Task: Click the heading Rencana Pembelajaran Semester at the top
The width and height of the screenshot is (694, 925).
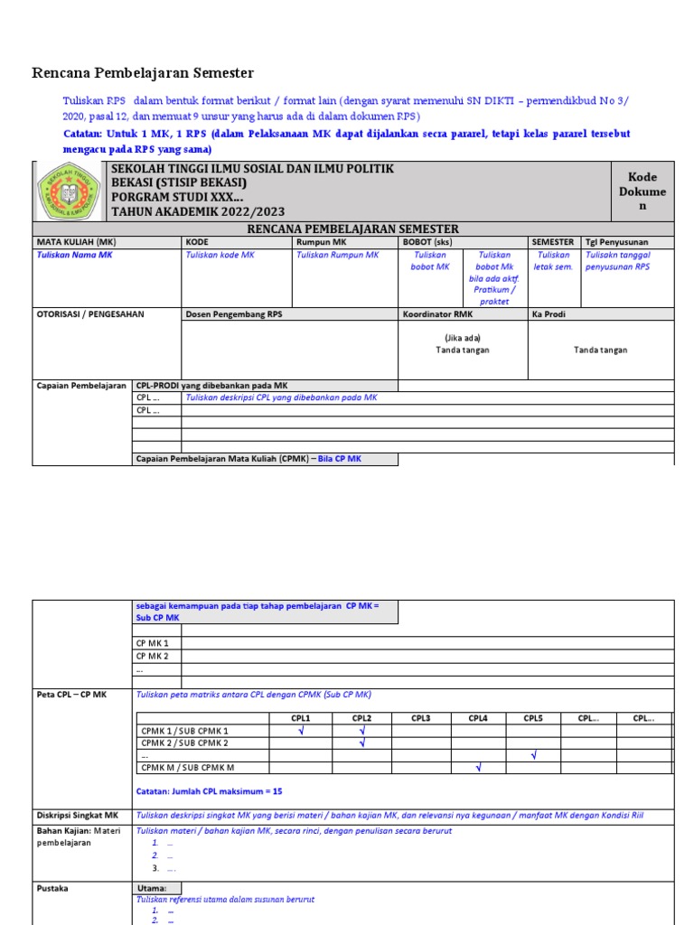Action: click(143, 73)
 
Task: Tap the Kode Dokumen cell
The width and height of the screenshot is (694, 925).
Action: click(643, 192)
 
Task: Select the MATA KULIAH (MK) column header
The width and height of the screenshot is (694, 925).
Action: click(76, 242)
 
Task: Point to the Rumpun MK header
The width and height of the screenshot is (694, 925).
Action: click(321, 242)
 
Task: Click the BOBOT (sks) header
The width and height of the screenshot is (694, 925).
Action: click(427, 242)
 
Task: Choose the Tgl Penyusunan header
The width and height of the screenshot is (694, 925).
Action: click(616, 242)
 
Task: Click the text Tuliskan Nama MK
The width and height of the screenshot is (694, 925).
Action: click(74, 256)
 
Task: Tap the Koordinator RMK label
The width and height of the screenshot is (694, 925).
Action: click(437, 314)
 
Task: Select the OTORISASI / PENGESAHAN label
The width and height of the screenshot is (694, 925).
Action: click(89, 314)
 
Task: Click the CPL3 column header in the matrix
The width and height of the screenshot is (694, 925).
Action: click(421, 718)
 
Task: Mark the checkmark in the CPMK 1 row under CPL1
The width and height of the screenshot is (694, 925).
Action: click(301, 731)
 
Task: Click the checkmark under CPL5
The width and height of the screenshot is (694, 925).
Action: click(534, 755)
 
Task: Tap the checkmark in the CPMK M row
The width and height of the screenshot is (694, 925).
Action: click(478, 768)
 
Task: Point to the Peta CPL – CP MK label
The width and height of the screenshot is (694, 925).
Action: click(71, 695)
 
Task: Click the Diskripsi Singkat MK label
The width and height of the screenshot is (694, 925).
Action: click(78, 815)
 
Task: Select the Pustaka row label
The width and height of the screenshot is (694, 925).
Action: click(52, 888)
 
